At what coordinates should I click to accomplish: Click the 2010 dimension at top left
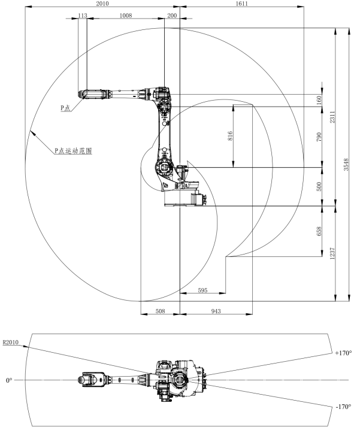tap(102, 4)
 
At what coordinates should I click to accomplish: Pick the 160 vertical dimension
tap(319, 100)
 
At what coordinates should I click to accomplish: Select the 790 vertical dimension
tap(319, 137)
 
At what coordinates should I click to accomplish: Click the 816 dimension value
tap(231, 137)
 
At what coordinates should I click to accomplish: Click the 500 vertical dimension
tap(319, 186)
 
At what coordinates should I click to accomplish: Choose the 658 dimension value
tap(319, 231)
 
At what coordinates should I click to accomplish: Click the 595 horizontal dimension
tap(202, 290)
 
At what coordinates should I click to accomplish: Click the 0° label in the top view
tap(8, 380)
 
